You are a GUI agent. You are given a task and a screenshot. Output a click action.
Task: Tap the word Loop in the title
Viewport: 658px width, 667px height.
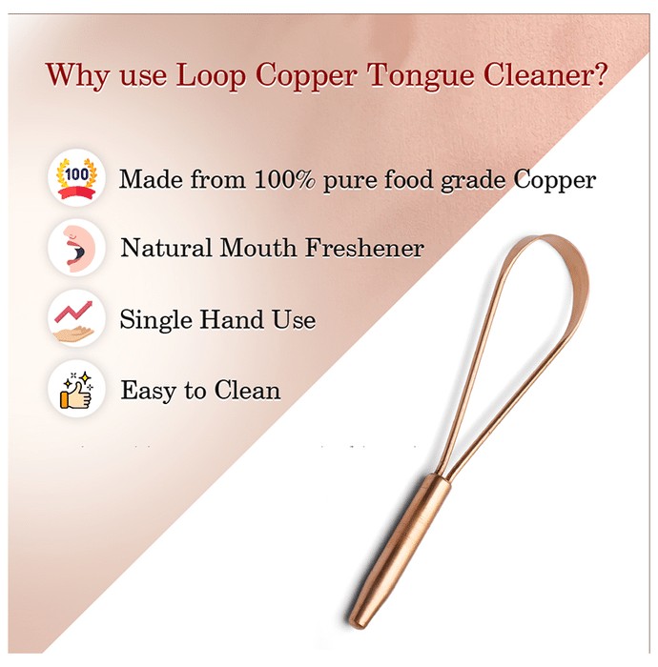click(211, 75)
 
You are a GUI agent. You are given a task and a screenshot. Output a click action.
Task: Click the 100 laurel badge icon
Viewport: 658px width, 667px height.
click(76, 178)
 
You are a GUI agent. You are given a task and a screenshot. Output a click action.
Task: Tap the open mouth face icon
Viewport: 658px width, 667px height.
click(76, 248)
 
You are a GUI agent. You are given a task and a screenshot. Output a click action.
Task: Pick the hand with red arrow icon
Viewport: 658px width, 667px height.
click(76, 318)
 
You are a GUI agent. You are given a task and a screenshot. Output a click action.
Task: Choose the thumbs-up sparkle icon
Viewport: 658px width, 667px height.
click(76, 389)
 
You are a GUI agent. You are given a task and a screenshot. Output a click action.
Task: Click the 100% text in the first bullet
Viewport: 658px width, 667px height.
click(285, 179)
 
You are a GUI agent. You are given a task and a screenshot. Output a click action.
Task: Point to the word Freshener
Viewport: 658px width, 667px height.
click(364, 248)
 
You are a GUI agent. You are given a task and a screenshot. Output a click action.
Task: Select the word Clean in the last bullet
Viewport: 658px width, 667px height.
click(247, 390)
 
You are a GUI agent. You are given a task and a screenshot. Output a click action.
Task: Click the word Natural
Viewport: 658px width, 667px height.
click(166, 248)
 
